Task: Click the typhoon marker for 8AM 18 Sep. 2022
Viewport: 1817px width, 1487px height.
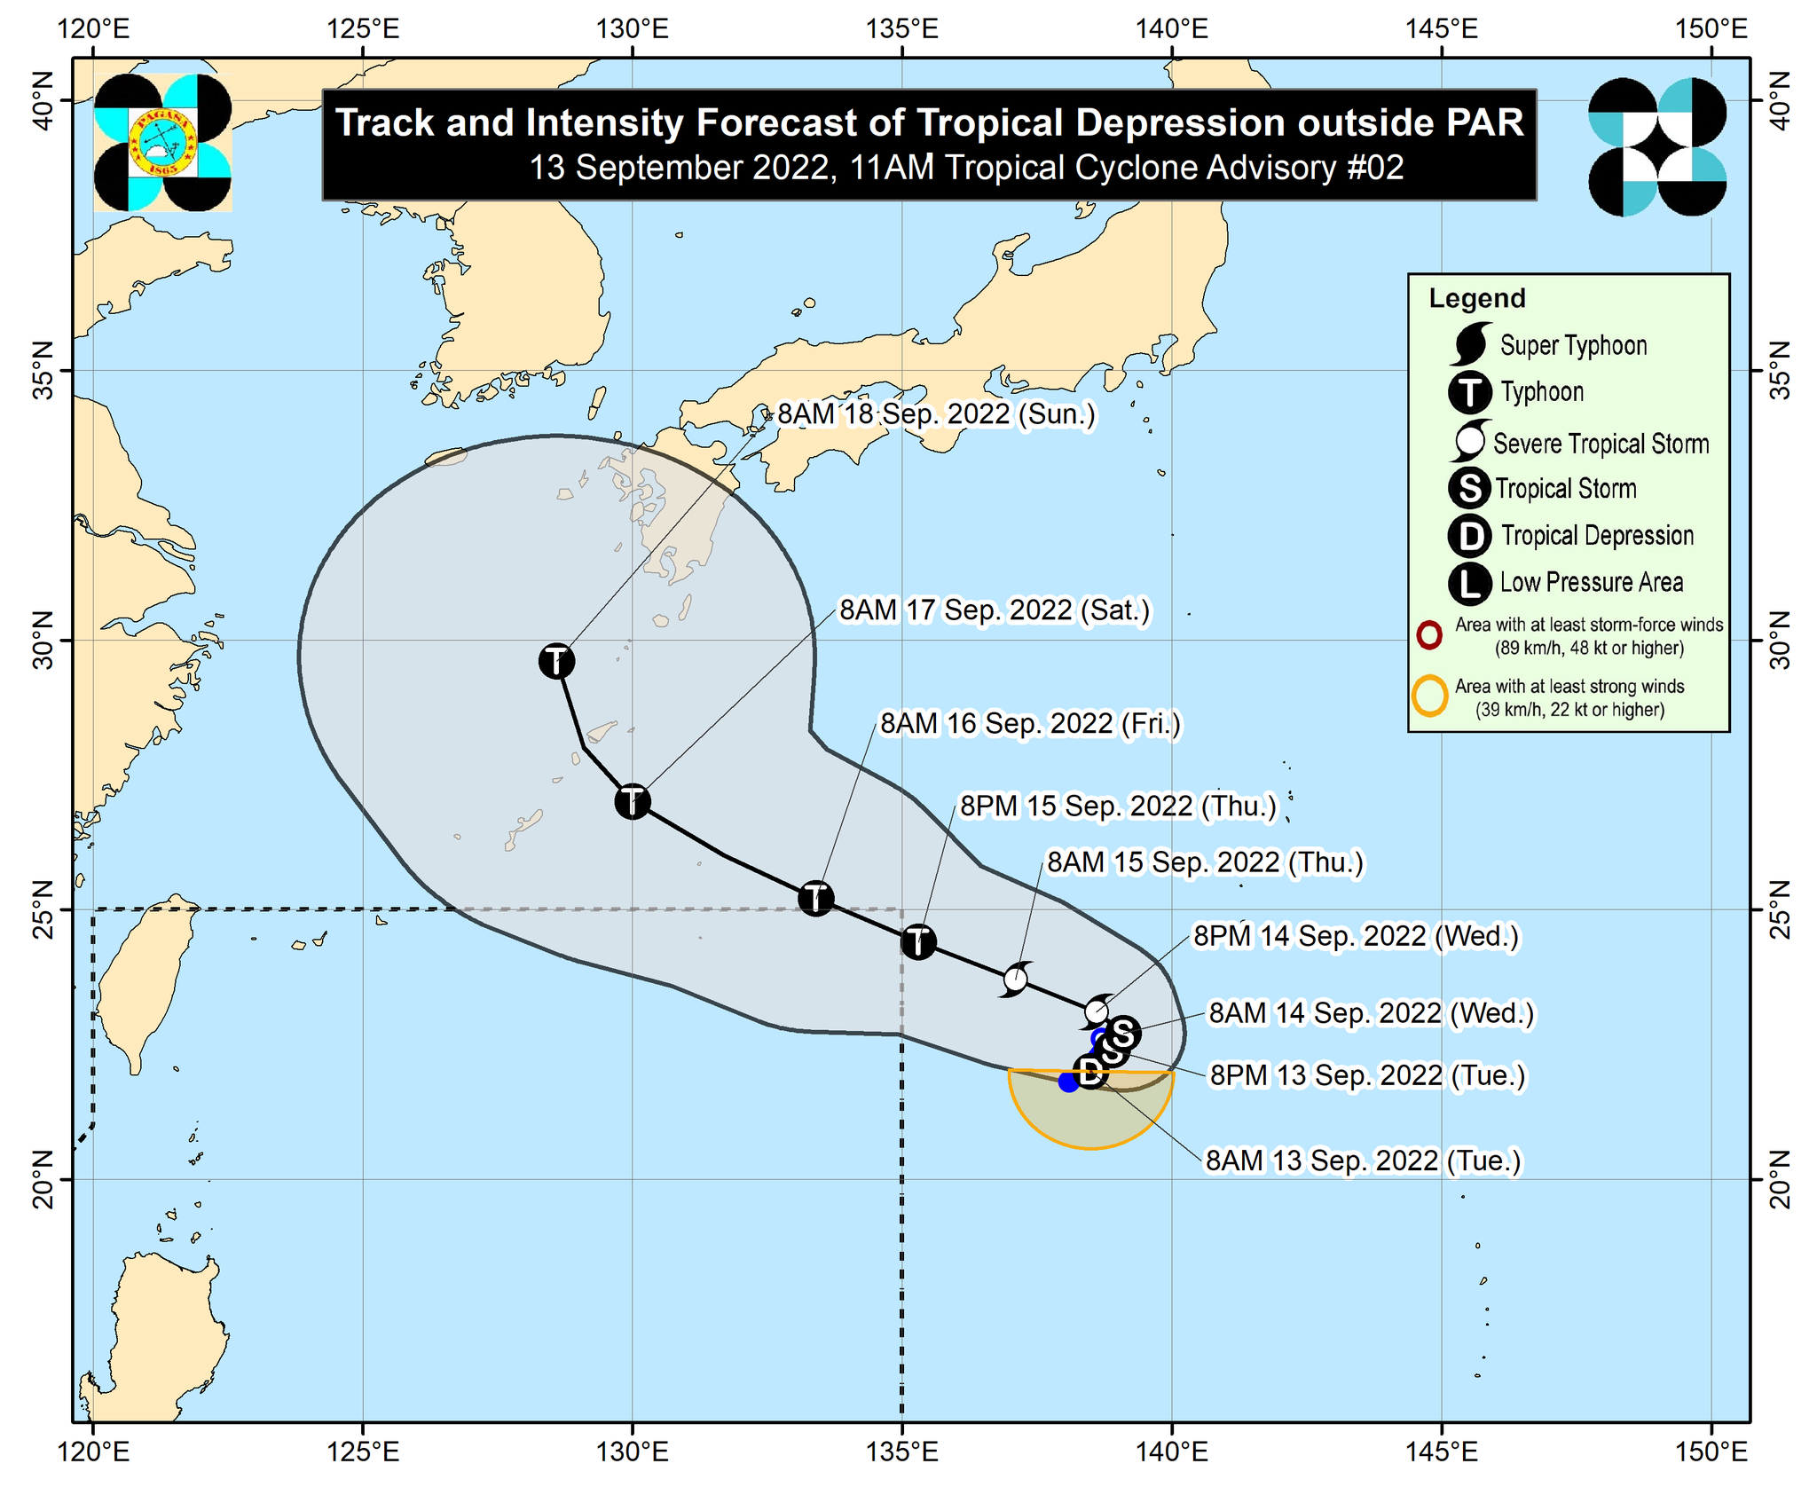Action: click(556, 661)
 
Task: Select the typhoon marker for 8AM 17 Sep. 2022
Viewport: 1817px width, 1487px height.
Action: click(632, 802)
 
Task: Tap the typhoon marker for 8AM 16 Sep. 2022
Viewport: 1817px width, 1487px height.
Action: click(815, 898)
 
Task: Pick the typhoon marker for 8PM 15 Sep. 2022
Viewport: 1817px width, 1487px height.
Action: click(918, 941)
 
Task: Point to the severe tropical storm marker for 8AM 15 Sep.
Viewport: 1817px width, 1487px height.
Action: click(1016, 980)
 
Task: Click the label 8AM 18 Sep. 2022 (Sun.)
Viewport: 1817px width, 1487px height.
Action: click(936, 414)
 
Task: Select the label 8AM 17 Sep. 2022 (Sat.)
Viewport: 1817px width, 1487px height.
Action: click(995, 610)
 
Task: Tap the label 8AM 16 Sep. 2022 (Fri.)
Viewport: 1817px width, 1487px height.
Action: click(1030, 724)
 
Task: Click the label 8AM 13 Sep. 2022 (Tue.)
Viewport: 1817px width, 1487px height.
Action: click(1362, 1160)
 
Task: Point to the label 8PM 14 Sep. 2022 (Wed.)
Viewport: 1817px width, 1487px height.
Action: click(1356, 936)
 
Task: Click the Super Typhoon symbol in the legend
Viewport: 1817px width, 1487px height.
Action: click(1469, 344)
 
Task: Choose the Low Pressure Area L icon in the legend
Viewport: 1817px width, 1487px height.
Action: click(1469, 583)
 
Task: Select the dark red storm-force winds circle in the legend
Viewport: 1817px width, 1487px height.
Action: click(1428, 635)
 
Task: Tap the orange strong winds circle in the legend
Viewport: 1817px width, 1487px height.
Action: click(1429, 696)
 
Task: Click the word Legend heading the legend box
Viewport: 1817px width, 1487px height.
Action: click(1476, 299)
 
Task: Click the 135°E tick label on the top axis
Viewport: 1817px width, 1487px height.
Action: click(902, 29)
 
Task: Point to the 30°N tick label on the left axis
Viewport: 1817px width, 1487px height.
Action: click(43, 641)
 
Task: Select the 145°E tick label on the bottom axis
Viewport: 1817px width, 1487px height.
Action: click(1441, 1452)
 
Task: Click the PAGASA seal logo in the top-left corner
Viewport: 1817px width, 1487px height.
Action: click(162, 143)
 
